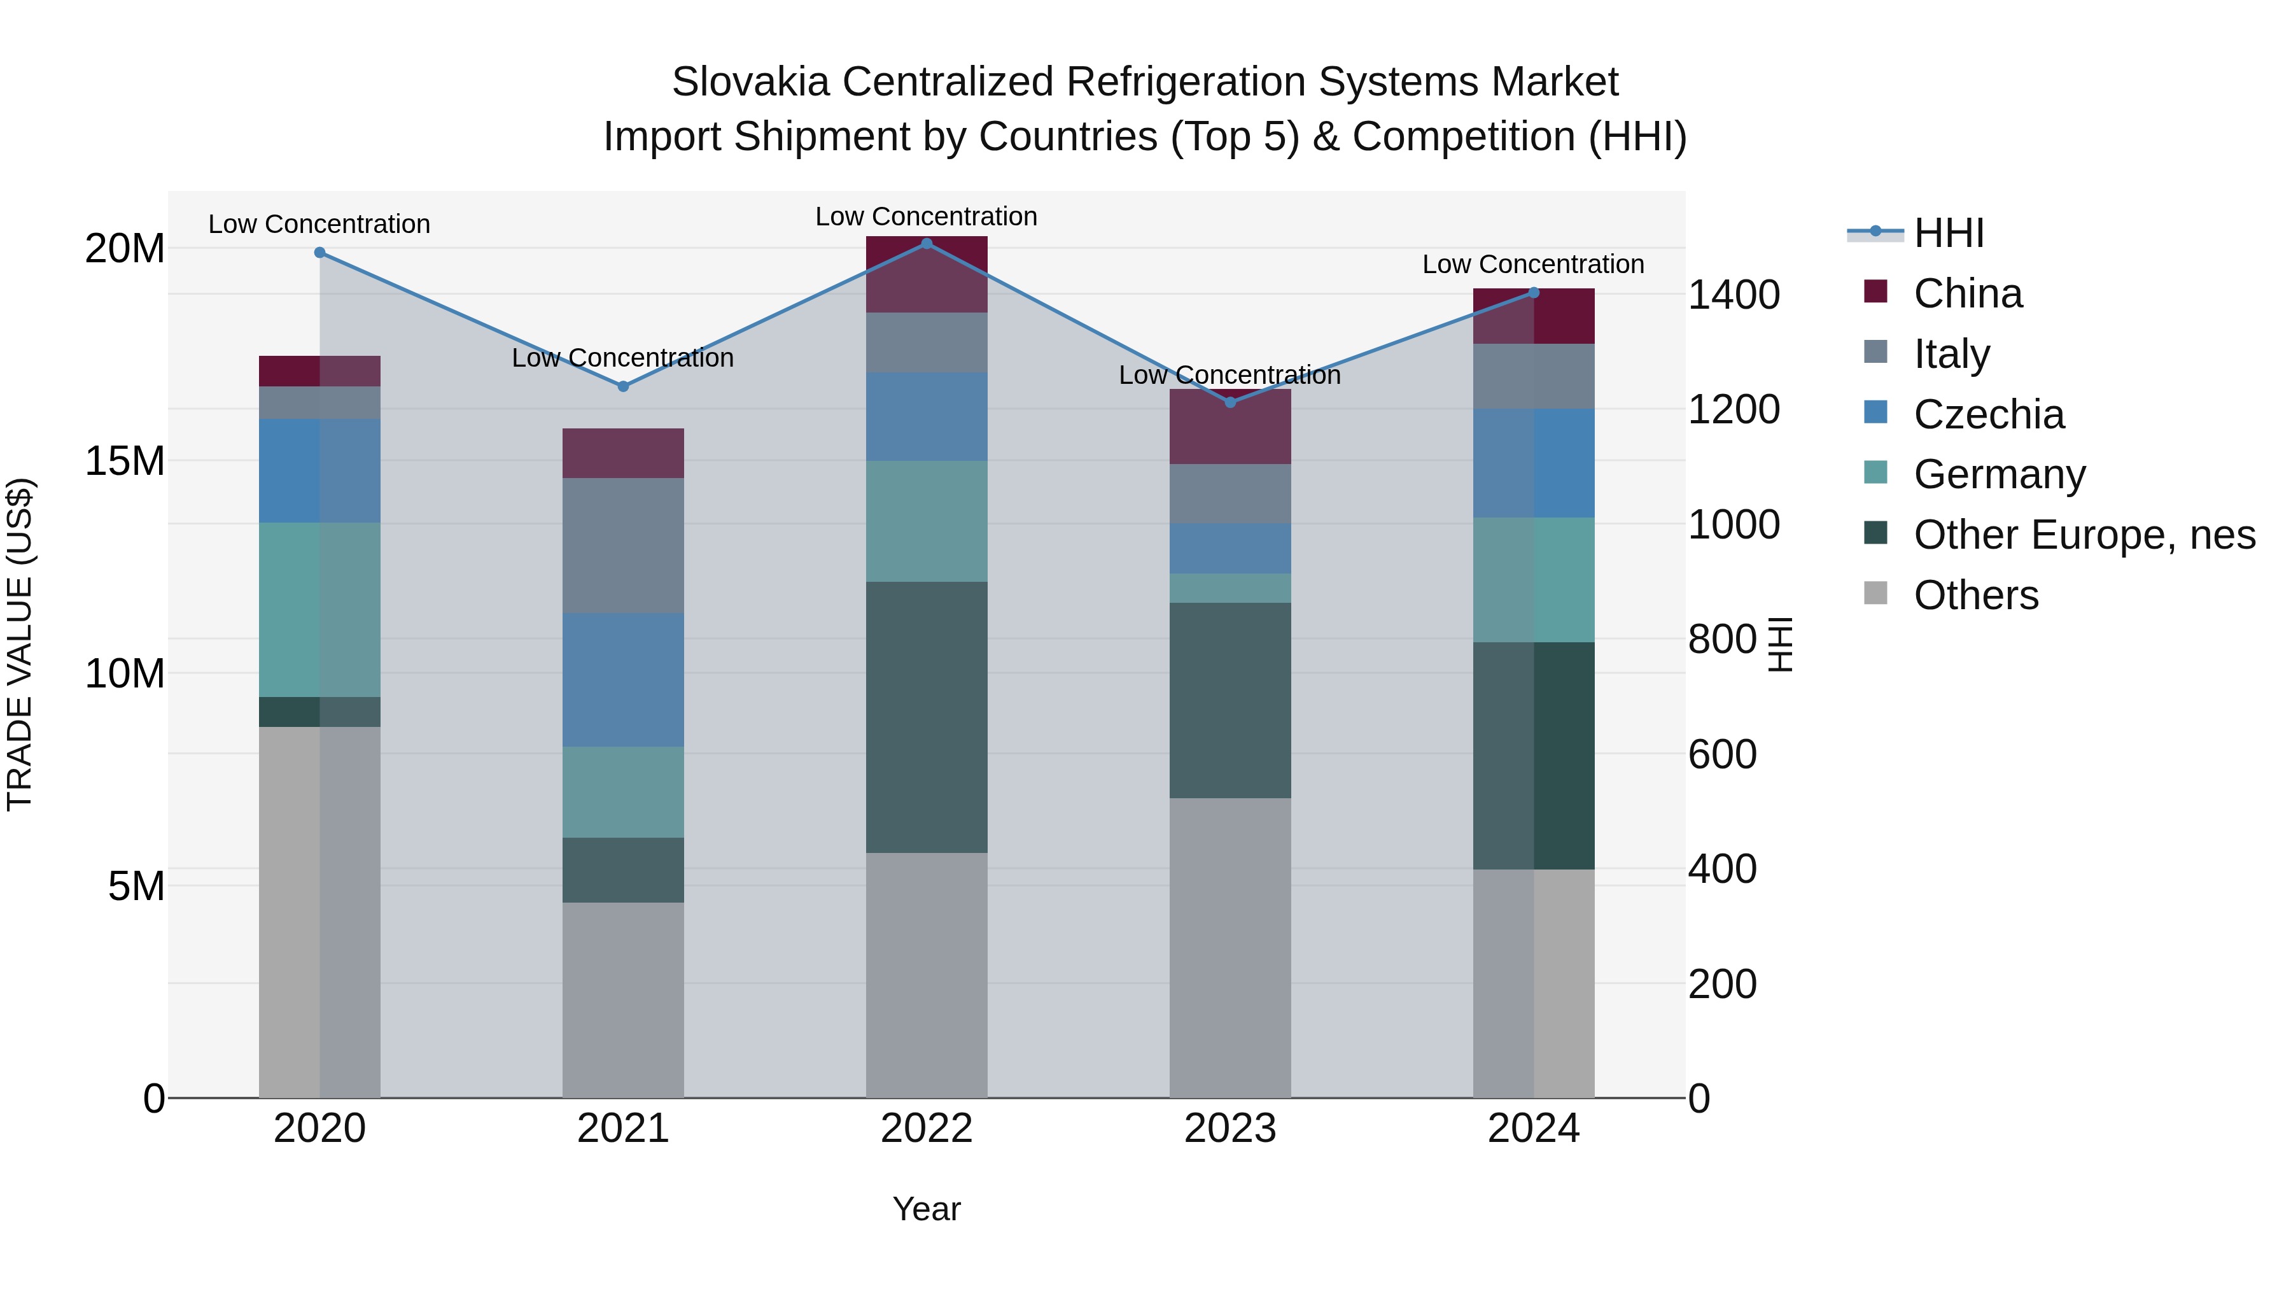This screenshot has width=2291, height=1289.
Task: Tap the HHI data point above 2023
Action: tap(1230, 403)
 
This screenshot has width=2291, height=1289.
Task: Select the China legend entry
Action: tap(1967, 293)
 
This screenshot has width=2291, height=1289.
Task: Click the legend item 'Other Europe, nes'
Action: tap(2084, 535)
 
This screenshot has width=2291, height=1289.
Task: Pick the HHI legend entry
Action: tap(1948, 233)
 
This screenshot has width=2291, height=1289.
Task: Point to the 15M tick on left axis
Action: tap(125, 461)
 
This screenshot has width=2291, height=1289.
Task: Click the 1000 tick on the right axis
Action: tap(1734, 525)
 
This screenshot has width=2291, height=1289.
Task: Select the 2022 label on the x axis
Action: tap(926, 1129)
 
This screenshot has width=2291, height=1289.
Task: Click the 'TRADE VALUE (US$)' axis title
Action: tap(20, 644)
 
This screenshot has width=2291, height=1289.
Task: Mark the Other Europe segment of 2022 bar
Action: tap(926, 717)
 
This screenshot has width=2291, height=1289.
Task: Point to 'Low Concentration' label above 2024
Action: tap(1532, 264)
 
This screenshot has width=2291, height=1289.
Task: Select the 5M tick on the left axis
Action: tap(136, 886)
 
